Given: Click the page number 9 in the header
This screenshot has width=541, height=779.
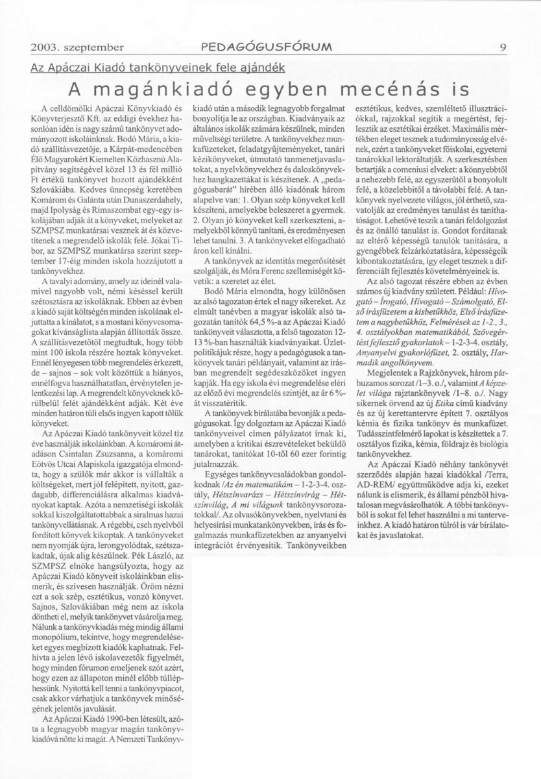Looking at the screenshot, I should (x=503, y=47).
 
